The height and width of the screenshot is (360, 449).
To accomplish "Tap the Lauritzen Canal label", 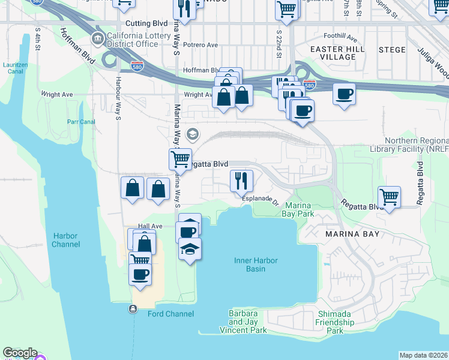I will coord(14,67).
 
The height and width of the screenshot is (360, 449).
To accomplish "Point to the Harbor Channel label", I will coord(65,240).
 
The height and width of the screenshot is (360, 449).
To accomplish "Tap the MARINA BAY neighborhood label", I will coord(352,233).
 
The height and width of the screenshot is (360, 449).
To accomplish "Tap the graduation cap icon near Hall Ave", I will coord(190,248).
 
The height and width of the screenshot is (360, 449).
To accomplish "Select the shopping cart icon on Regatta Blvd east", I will coord(390,196).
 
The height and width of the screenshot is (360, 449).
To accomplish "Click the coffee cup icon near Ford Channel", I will coord(140,274).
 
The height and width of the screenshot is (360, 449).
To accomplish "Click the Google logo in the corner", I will coord(19,353).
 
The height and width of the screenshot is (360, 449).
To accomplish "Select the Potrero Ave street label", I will coord(200,45).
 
